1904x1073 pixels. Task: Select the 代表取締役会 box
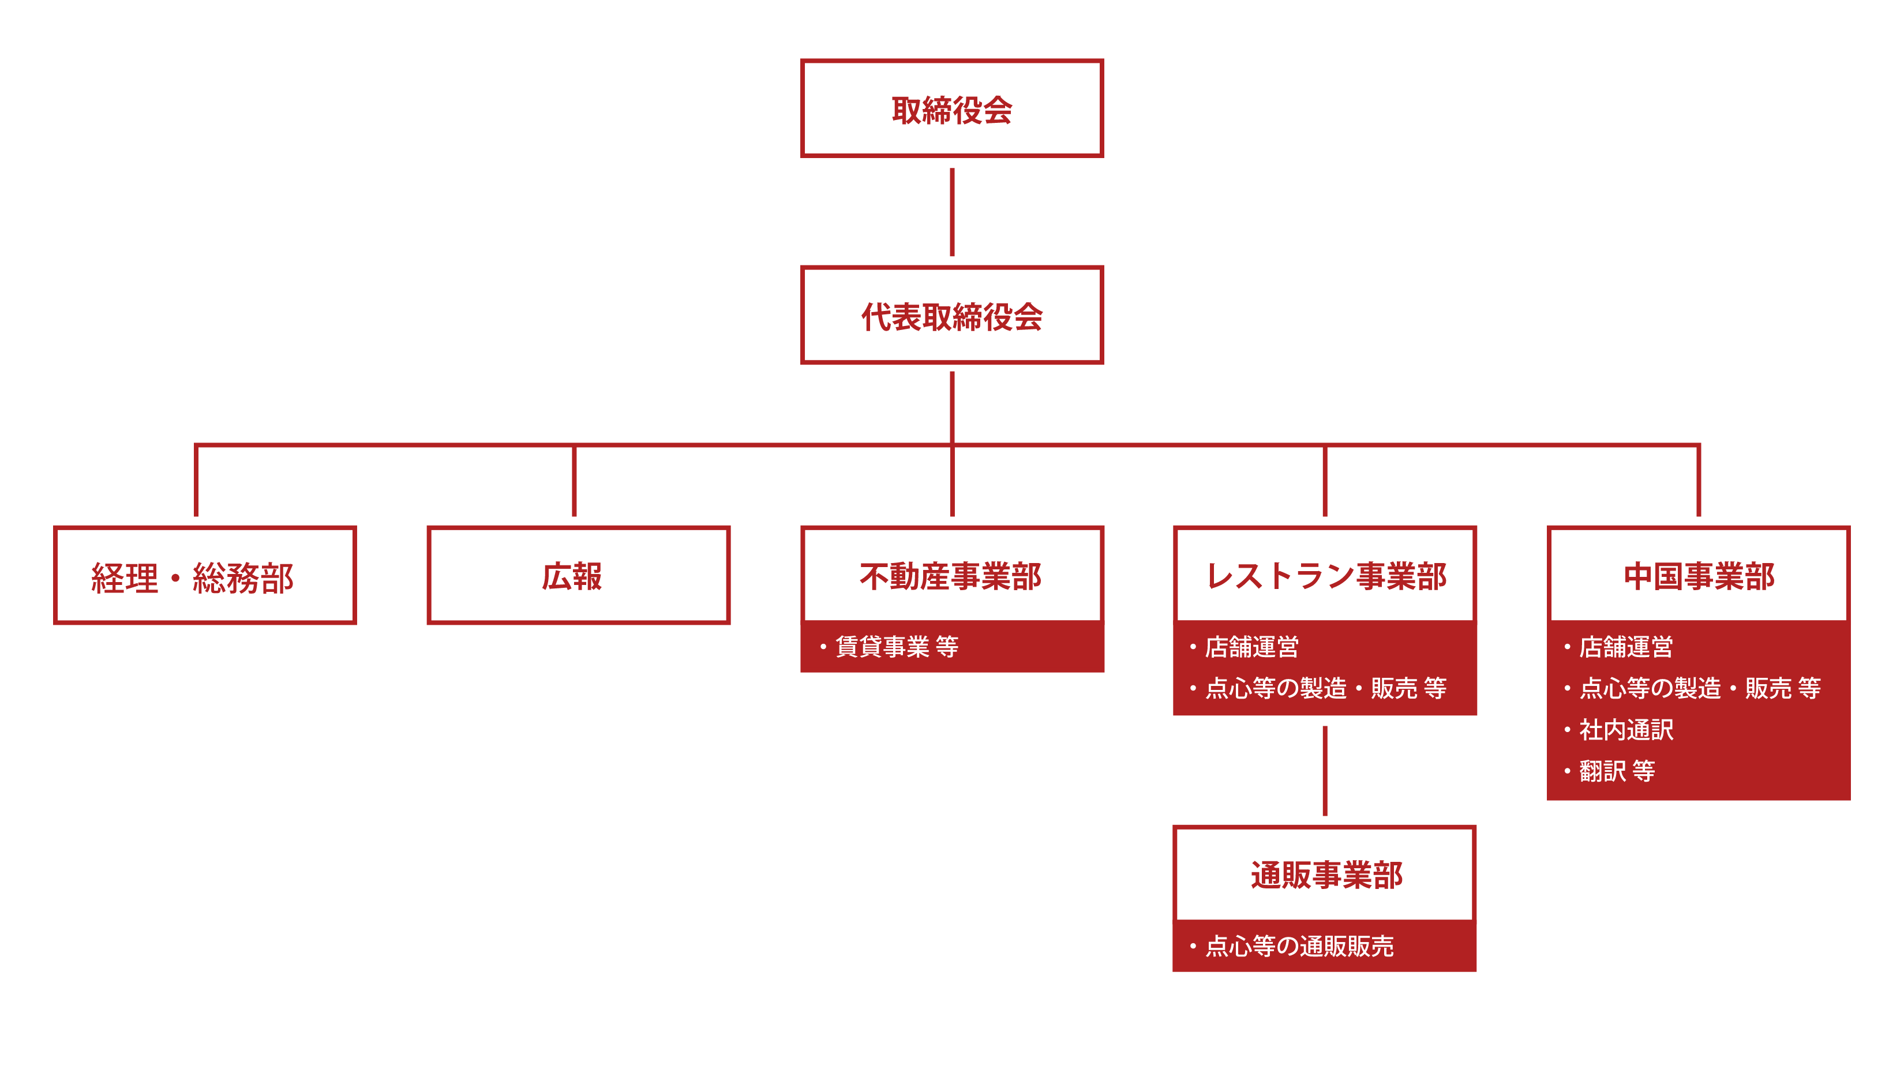tap(951, 316)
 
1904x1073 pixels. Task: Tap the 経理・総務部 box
tap(205, 576)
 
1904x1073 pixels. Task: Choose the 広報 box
tap(578, 576)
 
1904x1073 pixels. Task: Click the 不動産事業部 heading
tap(951, 576)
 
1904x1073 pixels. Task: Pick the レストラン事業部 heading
tap(1325, 576)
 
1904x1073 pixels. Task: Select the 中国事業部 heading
tap(1698, 576)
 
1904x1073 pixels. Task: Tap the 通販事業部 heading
tap(1325, 875)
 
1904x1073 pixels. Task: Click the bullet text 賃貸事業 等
tap(896, 647)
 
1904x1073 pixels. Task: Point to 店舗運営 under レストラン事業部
tap(1251, 647)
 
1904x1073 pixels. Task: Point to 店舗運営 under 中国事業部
tap(1625, 647)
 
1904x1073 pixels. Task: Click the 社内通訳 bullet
tap(1625, 729)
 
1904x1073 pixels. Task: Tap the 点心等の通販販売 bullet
tap(1299, 946)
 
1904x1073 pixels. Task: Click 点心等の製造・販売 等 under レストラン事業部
tap(1325, 688)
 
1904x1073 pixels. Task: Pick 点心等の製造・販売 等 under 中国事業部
tap(1699, 688)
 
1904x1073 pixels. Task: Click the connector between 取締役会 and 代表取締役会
tap(951, 212)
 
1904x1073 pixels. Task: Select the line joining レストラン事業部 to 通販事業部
tap(1325, 771)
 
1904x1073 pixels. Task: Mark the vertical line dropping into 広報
tap(574, 481)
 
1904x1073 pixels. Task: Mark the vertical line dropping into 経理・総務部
tap(196, 481)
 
